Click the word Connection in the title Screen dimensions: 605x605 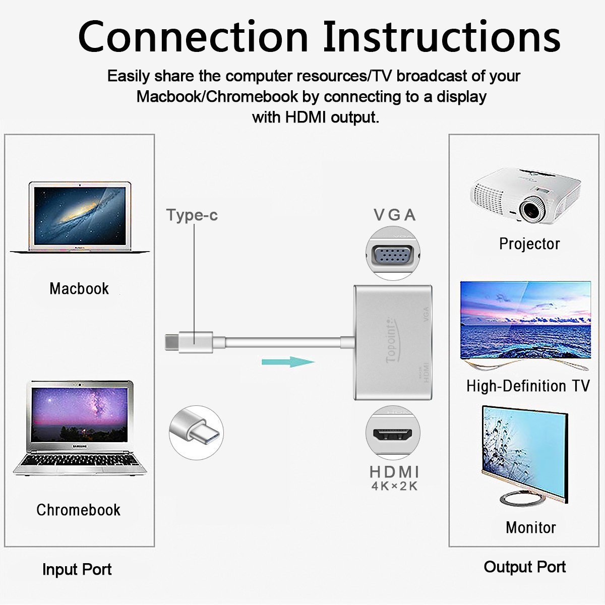(x=193, y=37)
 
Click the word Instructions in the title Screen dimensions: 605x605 (x=442, y=37)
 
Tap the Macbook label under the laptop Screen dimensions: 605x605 (x=79, y=288)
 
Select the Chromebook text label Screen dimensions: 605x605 (x=78, y=510)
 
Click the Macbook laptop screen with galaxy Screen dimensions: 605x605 (x=80, y=216)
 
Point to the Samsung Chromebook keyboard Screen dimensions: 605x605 (x=80, y=460)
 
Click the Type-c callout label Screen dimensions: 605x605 (x=192, y=215)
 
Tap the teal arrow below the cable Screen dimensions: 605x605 (x=288, y=361)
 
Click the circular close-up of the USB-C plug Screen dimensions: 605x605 (x=196, y=432)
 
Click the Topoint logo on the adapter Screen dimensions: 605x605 (x=391, y=341)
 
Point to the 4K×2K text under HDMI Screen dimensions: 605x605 (x=394, y=487)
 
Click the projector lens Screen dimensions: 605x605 (x=531, y=208)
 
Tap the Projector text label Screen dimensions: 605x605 (x=529, y=244)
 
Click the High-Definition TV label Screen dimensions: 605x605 (x=527, y=386)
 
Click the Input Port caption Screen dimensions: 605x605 (x=77, y=569)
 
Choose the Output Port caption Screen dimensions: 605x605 (x=524, y=567)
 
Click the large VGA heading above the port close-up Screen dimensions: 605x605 (x=394, y=215)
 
